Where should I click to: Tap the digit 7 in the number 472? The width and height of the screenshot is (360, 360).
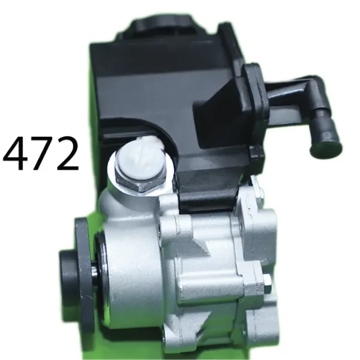coord(41,154)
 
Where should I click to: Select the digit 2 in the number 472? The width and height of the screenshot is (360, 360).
coord(67,153)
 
